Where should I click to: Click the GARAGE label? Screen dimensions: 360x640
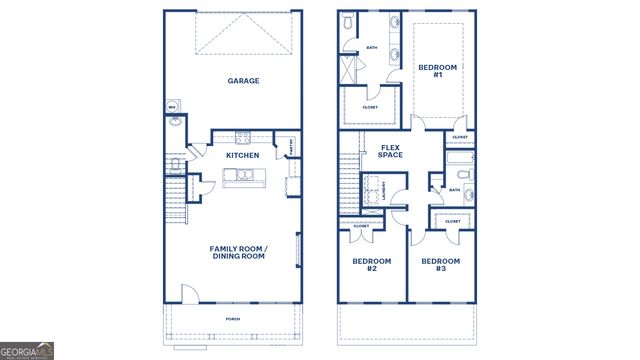click(243, 81)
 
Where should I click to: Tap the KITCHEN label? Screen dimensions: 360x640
click(243, 156)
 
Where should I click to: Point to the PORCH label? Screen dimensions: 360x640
click(233, 320)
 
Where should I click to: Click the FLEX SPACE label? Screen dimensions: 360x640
click(391, 151)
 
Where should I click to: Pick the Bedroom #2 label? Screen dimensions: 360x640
click(371, 265)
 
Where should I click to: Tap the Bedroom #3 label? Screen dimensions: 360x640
click(440, 265)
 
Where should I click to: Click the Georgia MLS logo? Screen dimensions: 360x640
click(27, 351)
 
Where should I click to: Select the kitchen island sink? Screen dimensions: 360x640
click(243, 176)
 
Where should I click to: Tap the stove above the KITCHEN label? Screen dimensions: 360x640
click(242, 137)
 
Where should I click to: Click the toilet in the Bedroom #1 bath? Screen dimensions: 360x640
click(348, 22)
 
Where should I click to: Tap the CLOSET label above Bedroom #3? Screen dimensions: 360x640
click(451, 221)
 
